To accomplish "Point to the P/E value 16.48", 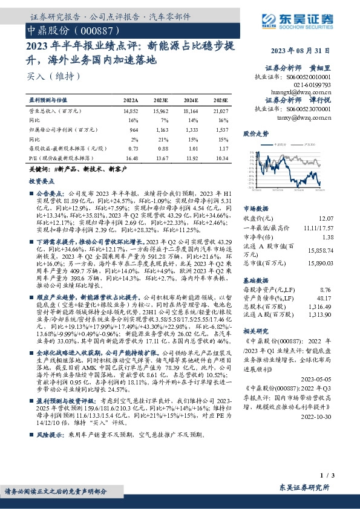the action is [131, 158].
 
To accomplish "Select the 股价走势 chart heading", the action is [255, 132].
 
